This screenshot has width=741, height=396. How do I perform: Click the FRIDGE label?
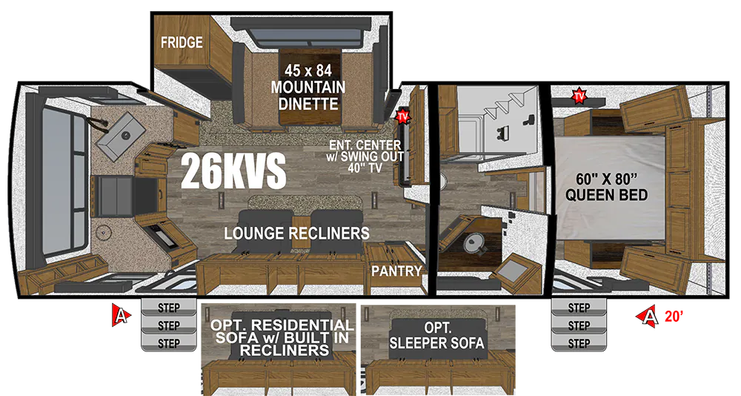coord(182,42)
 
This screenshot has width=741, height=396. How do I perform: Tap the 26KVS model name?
coord(233,171)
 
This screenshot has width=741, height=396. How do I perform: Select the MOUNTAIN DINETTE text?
coord(308,96)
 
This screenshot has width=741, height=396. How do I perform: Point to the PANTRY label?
coord(396,271)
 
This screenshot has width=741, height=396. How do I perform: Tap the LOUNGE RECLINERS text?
coord(297,234)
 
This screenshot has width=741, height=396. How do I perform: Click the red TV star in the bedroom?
coord(579,96)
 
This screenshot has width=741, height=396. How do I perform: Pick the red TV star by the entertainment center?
coord(402,116)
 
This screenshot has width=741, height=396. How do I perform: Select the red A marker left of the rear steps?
coord(121,314)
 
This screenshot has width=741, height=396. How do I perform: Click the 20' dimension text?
coord(674,317)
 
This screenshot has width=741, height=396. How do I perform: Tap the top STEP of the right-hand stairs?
coord(579,308)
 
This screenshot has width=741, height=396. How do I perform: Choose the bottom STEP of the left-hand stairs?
coord(169,343)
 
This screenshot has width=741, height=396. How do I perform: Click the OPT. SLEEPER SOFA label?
coord(437,335)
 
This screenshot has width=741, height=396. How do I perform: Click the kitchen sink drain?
coord(126,136)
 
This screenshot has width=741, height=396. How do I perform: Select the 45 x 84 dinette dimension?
coord(308,71)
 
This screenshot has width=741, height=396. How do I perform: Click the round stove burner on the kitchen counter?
coord(102,233)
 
